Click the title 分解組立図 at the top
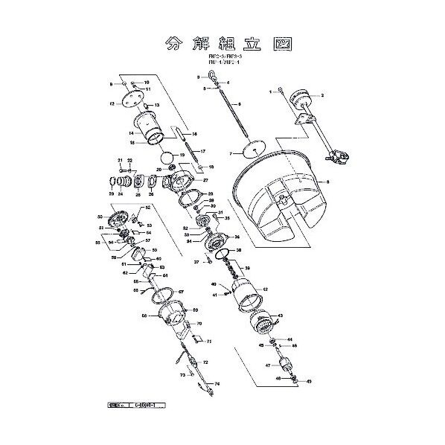coord(222,44)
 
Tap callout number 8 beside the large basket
coord(327,181)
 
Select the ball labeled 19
coord(168,158)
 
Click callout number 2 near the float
coord(322,96)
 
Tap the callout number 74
coord(217,405)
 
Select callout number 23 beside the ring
coord(112,193)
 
